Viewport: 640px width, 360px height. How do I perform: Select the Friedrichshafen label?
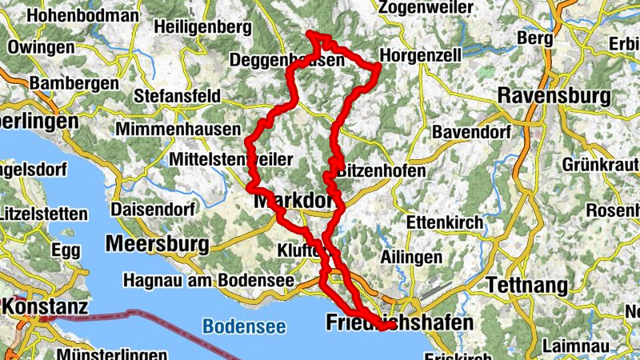[x=400, y=322]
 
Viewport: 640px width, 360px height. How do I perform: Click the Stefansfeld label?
[x=178, y=96]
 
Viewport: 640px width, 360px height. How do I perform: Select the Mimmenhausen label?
[x=178, y=129]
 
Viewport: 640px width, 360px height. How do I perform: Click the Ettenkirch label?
[x=445, y=222]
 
